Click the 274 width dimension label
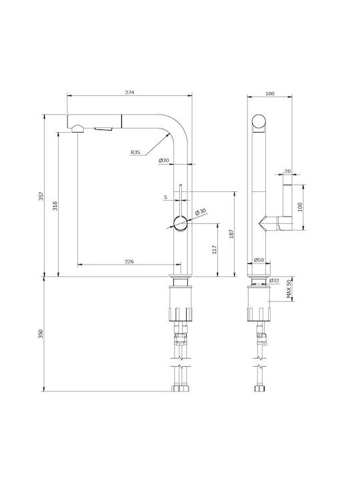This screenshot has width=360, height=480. click(x=129, y=92)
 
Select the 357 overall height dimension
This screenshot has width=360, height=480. click(x=41, y=196)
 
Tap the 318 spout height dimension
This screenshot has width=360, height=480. click(x=55, y=206)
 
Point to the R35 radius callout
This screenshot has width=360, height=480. click(x=135, y=152)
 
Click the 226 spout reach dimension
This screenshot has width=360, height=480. click(x=129, y=261)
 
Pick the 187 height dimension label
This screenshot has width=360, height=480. click(x=231, y=234)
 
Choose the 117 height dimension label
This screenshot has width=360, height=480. click(x=214, y=250)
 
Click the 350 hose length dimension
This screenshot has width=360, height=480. click(x=41, y=334)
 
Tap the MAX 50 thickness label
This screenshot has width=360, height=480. click(x=289, y=289)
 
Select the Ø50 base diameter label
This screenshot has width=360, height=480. click(x=259, y=260)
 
